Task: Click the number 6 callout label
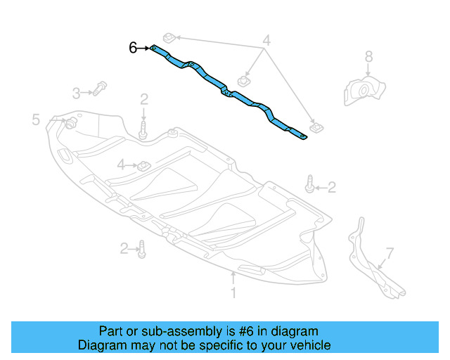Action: [133, 48]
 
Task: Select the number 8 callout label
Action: [368, 56]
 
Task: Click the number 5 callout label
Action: [36, 120]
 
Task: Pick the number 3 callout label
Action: [76, 92]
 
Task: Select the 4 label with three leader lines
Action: [266, 40]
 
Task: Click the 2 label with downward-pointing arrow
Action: [143, 98]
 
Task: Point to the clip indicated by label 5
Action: [70, 124]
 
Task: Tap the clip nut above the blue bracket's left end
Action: [168, 37]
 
